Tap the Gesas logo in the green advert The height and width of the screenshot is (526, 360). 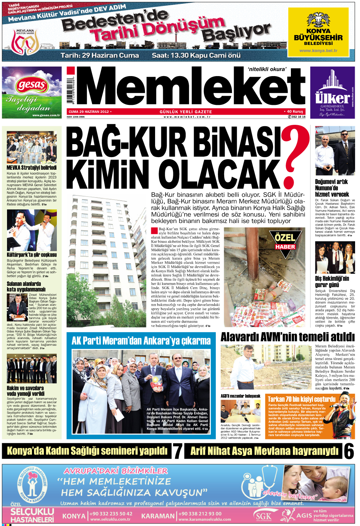coord(32,85)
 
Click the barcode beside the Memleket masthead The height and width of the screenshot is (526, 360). coord(71,90)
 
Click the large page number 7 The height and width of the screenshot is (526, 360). coord(178,451)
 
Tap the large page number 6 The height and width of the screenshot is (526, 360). coord(349,451)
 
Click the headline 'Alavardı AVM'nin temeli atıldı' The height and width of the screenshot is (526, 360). coord(287,337)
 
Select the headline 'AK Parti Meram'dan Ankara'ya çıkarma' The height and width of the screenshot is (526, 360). coord(141,340)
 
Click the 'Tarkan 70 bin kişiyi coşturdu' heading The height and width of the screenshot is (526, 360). coord(301,399)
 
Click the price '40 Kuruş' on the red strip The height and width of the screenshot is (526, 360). coord(294,112)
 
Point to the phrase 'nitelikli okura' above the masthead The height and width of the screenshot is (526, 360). coord(267,69)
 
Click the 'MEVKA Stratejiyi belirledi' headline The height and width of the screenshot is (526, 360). coord(32,168)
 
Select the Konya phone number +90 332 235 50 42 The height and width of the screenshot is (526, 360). coord(111,514)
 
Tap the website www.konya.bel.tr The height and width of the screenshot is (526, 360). coord(318,51)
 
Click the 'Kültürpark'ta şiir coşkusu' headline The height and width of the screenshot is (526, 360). coord(32,255)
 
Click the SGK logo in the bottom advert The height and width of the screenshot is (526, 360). coord(264,516)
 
